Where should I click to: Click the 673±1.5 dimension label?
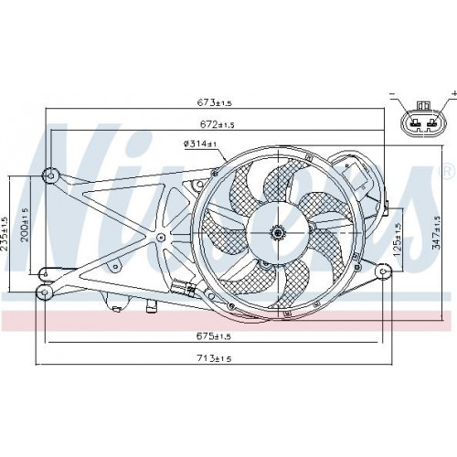(x=214, y=102)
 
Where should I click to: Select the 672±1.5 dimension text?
(x=218, y=124)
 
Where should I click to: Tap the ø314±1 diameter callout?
(x=200, y=143)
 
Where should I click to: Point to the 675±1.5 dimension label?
(x=214, y=336)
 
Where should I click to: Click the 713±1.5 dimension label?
(x=214, y=358)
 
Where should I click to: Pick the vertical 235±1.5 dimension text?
(x=5, y=234)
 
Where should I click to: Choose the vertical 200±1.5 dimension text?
(x=25, y=225)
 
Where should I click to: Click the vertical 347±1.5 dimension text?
(x=438, y=232)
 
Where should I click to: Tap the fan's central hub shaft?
(x=278, y=233)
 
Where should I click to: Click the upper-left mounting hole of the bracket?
(x=51, y=175)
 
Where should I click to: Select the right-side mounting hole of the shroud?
(x=383, y=271)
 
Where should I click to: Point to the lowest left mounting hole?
(x=45, y=292)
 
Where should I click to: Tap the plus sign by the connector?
(x=454, y=92)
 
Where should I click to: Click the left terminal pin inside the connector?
(x=414, y=123)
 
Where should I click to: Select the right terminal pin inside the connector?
(x=431, y=123)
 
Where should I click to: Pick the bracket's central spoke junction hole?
(x=160, y=237)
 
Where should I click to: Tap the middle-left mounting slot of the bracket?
(x=46, y=274)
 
